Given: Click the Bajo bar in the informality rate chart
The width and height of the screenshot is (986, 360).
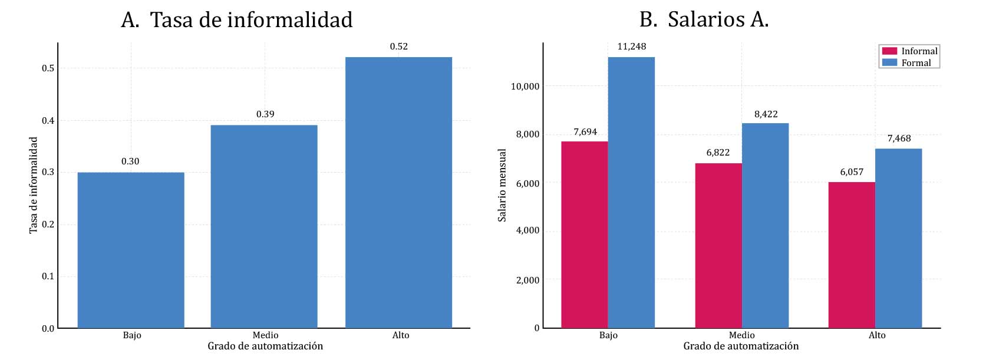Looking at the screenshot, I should (x=131, y=250).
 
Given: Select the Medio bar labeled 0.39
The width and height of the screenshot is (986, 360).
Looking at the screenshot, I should (x=264, y=226).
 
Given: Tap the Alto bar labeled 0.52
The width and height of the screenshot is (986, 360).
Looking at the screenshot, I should (x=398, y=192).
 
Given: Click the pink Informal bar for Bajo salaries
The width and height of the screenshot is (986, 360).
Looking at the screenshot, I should (x=585, y=235).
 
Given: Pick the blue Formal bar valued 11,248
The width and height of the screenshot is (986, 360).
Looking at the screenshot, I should (x=631, y=192).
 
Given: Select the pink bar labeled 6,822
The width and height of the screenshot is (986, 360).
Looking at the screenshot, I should (x=718, y=245).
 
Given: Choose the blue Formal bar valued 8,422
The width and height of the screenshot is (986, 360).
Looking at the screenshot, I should (x=765, y=225).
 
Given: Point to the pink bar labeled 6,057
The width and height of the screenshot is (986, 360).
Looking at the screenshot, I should (x=852, y=255).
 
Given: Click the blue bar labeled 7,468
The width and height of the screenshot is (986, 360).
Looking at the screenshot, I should (x=898, y=238).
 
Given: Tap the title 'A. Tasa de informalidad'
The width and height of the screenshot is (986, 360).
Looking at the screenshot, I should (x=236, y=20).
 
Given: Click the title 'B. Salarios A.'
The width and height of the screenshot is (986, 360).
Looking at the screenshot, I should (x=704, y=20).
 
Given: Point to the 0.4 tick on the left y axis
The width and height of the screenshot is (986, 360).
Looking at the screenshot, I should (x=48, y=121).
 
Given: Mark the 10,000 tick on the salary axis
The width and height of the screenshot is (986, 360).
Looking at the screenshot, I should (x=525, y=87).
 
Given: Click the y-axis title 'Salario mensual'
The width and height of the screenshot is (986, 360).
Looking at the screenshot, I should (x=502, y=185).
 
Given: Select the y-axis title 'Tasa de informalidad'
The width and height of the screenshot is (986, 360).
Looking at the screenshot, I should (x=33, y=185).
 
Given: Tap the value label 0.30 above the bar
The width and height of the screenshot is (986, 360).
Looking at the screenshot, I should (x=130, y=161).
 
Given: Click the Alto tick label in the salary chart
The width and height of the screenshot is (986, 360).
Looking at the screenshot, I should (x=876, y=335).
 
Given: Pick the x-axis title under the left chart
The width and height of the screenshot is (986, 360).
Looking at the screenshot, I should (x=265, y=346).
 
